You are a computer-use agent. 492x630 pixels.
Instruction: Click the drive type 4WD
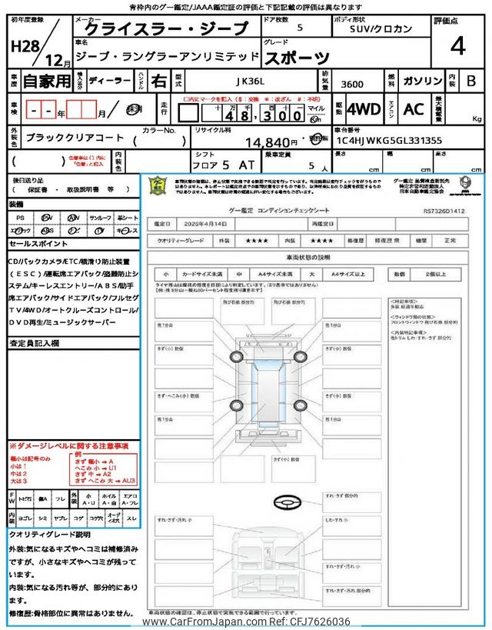(x=364, y=109)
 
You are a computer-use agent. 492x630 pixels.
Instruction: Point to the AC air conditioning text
(x=414, y=109)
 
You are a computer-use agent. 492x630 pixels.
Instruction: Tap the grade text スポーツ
(x=298, y=57)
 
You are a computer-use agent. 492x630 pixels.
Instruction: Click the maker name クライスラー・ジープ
(x=165, y=29)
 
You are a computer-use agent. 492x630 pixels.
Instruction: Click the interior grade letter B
(x=471, y=80)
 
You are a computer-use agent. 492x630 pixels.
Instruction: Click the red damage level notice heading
(x=68, y=446)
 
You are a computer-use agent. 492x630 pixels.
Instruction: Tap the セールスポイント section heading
(x=38, y=243)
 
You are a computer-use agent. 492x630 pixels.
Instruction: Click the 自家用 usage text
(x=44, y=80)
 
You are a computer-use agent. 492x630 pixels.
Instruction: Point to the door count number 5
(x=299, y=27)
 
